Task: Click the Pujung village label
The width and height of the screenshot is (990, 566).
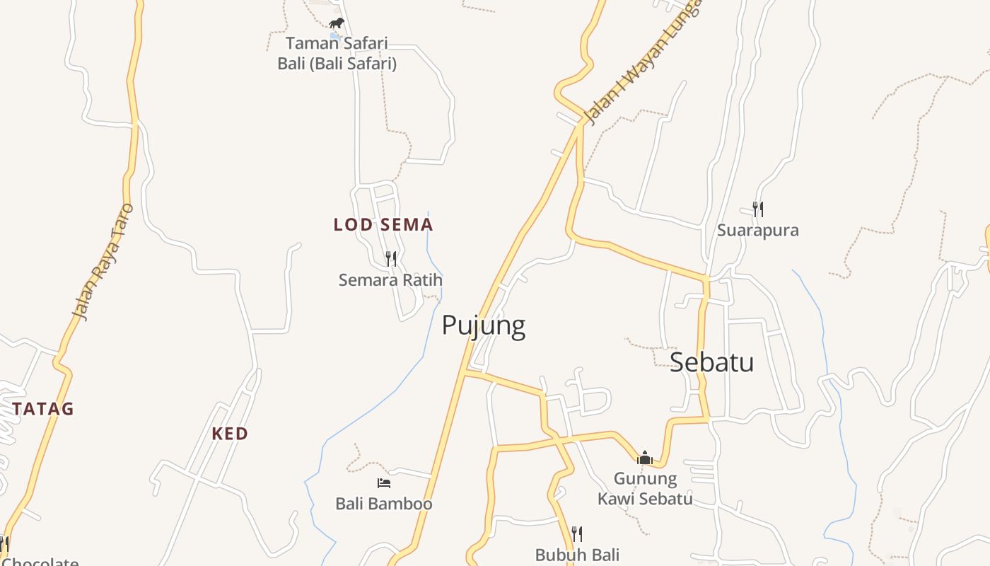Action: [484, 325]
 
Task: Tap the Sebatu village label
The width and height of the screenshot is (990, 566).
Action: [711, 362]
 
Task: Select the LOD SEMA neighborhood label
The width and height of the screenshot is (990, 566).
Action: [383, 225]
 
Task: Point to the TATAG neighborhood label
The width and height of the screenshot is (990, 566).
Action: [43, 409]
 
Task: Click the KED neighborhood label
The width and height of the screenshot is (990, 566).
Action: [230, 434]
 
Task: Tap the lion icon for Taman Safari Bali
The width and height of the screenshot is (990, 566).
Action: [337, 23]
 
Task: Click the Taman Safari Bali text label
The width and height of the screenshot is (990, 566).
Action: [337, 54]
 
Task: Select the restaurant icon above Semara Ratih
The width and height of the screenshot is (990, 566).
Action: [391, 258]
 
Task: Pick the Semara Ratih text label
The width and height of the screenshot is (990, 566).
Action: [390, 280]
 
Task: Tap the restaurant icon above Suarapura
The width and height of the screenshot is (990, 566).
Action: [758, 209]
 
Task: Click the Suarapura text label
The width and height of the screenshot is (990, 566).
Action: [758, 231]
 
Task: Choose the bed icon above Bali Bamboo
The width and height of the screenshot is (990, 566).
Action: [384, 483]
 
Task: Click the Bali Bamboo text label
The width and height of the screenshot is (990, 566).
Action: [384, 504]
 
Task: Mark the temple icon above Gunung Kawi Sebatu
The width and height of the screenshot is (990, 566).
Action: [644, 458]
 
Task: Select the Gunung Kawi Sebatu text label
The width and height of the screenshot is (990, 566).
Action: [645, 489]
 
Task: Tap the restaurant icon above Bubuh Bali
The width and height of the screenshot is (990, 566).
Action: [577, 533]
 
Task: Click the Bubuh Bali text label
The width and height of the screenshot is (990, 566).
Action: [577, 555]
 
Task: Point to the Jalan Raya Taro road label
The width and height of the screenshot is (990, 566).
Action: [103, 262]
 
